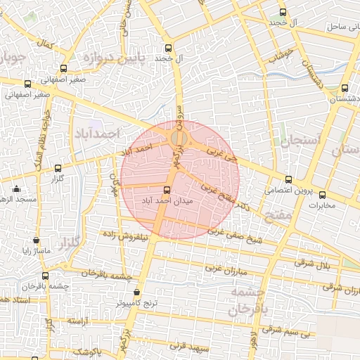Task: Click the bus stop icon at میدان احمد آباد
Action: (167, 190)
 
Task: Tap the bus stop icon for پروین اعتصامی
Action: (288, 179)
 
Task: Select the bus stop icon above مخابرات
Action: (323, 195)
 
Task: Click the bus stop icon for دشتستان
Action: (344, 89)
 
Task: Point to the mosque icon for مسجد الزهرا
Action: (16, 188)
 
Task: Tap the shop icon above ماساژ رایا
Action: (35, 240)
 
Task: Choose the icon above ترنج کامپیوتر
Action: (136, 292)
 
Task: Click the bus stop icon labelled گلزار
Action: (58, 168)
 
